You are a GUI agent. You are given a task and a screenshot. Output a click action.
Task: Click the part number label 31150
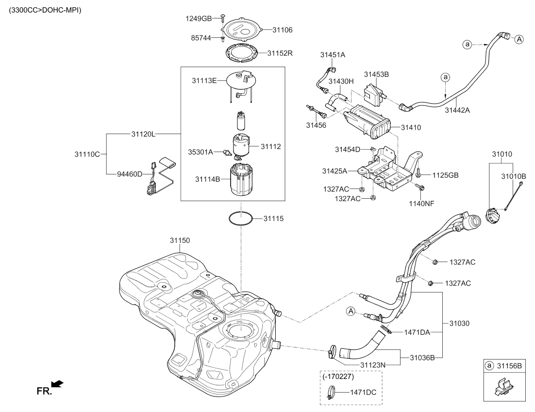click(x=180, y=240)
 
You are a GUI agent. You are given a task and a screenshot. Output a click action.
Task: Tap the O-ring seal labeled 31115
click(x=241, y=219)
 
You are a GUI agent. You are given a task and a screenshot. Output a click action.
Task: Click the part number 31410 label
click(x=411, y=128)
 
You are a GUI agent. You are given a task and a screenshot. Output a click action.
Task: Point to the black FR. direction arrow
click(x=57, y=385)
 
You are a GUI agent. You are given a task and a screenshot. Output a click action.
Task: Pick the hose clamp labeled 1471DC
click(x=331, y=392)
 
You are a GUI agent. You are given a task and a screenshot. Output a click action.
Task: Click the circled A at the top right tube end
click(x=519, y=39)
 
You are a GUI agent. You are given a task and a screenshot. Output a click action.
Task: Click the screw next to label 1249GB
click(x=222, y=17)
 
